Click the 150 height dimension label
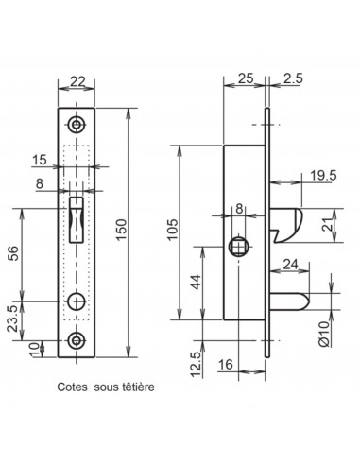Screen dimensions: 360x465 pyautogui.click(x=122, y=230)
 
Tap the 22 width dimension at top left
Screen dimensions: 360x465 pyautogui.click(x=77, y=81)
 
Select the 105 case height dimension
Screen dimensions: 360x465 pyautogui.click(x=173, y=229)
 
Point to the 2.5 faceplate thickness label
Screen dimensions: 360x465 pyautogui.click(x=293, y=78)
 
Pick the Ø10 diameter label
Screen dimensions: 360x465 pyautogui.click(x=324, y=335)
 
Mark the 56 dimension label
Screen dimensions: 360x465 pyautogui.click(x=13, y=253)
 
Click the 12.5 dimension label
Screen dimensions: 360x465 pyautogui.click(x=196, y=365)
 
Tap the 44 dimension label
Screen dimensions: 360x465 pyautogui.click(x=196, y=282)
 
